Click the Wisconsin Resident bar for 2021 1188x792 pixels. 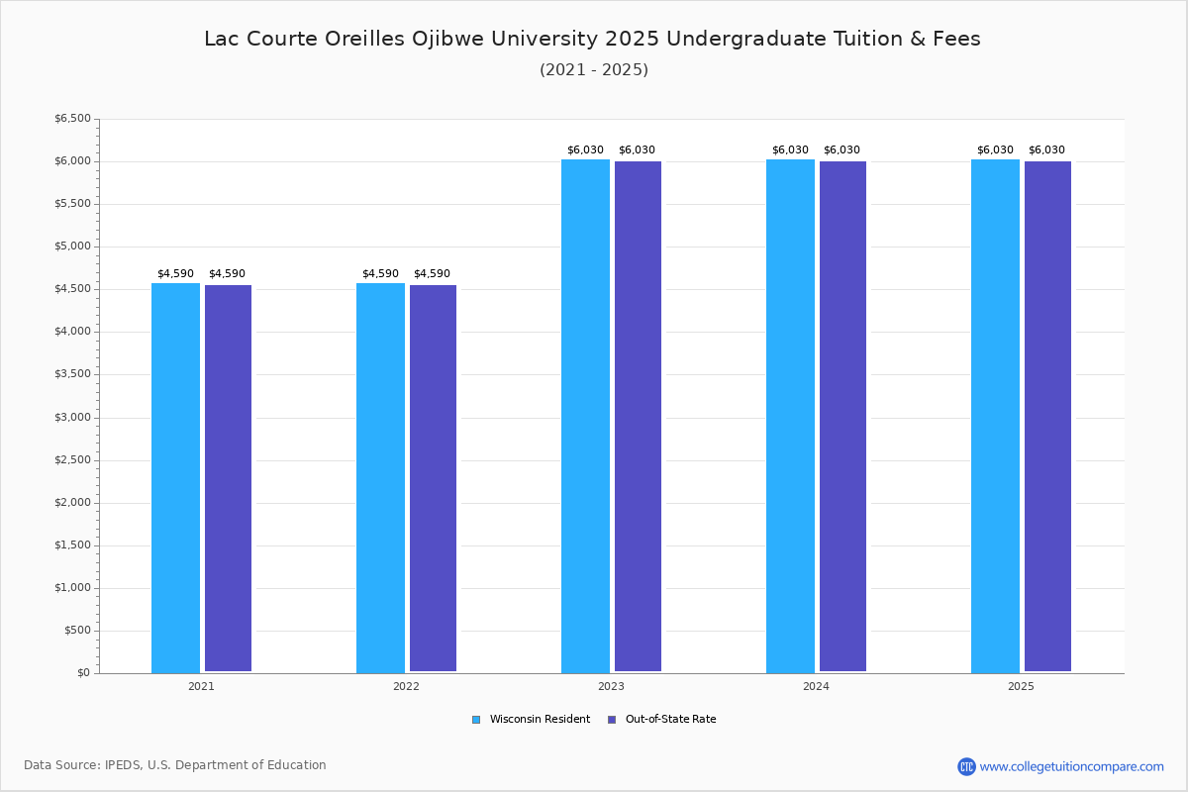[x=175, y=477]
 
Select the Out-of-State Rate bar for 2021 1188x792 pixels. [x=228, y=478]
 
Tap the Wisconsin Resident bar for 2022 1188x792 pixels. [x=380, y=477]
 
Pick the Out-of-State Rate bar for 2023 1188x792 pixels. [x=638, y=416]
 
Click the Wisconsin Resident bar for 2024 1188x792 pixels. [x=790, y=416]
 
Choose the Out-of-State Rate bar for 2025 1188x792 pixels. [x=1047, y=416]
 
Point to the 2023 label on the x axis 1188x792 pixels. [x=611, y=686]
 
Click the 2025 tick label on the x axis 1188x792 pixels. [x=1021, y=686]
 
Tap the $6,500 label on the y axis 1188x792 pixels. [x=72, y=119]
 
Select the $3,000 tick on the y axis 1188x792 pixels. [x=72, y=418]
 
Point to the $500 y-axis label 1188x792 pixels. [x=77, y=631]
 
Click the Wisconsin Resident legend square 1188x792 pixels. [x=476, y=720]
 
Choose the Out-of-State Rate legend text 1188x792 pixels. [x=670, y=720]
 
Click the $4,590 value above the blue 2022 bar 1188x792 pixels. [x=380, y=274]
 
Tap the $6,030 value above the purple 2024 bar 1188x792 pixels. [x=841, y=150]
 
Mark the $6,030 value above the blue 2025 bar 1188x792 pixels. [x=995, y=150]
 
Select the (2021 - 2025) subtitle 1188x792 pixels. [x=594, y=70]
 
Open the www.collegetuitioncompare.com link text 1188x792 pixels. [x=1071, y=766]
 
